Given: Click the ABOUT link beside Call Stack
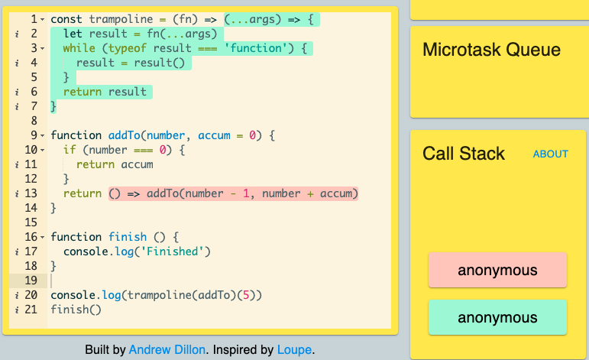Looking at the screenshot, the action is click(x=550, y=154).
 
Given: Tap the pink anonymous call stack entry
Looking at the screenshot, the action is click(x=497, y=270).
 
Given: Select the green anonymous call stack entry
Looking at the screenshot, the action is click(x=497, y=317).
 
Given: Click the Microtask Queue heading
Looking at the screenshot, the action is click(x=491, y=50).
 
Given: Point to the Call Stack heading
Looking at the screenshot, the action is click(x=464, y=154).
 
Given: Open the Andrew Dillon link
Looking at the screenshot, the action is click(x=167, y=350).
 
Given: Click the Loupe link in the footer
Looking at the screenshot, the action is click(x=295, y=350).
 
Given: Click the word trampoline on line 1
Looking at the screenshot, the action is click(x=121, y=19).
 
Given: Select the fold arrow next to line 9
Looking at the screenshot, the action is click(x=43, y=135).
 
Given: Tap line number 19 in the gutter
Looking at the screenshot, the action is click(x=31, y=281).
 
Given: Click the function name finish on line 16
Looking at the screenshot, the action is click(x=128, y=237).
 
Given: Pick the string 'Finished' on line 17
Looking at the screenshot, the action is click(x=173, y=251).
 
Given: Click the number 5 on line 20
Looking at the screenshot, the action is click(x=246, y=295).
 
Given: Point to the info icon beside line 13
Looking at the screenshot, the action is click(x=17, y=194).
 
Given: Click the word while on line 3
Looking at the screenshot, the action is click(x=79, y=48).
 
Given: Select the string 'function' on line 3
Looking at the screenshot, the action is click(x=255, y=48).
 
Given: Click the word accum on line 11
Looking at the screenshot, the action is click(x=137, y=164).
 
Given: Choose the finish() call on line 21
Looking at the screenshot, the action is click(x=76, y=310).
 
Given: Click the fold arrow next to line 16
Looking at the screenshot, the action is click(x=43, y=237).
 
